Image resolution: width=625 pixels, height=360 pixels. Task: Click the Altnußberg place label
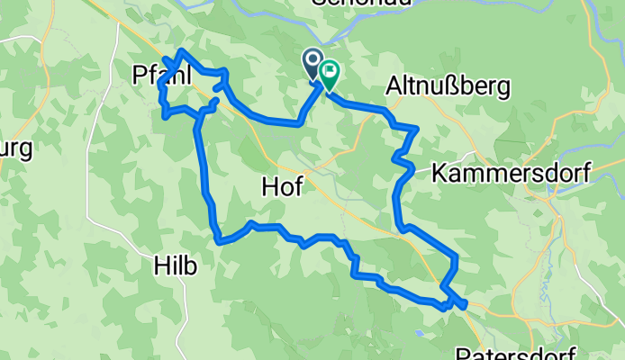pos(448,86)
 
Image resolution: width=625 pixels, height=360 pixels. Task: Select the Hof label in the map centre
pos(281,186)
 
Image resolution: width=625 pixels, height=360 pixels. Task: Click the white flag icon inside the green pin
pos(329,69)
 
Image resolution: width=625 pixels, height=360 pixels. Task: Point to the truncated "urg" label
pos(15,148)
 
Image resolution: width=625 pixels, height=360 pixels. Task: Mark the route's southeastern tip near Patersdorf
pos(464,306)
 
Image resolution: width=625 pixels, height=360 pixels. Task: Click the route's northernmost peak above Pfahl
pos(183,51)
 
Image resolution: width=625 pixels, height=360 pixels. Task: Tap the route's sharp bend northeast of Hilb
pos(219,240)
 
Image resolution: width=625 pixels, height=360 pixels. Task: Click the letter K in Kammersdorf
pos(440,174)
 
